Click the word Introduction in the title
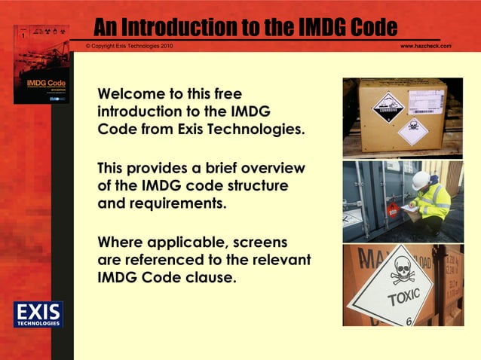(173, 28)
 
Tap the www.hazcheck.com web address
(425, 47)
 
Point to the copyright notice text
(129, 47)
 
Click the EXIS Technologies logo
(38, 314)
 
